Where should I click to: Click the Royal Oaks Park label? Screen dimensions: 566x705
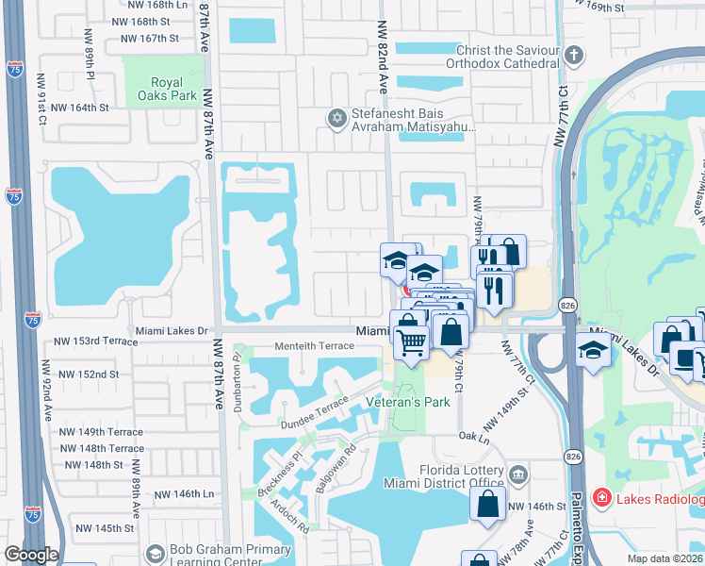(x=163, y=86)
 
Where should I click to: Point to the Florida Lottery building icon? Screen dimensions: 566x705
(x=516, y=473)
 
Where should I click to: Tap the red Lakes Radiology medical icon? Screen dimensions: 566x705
(x=600, y=496)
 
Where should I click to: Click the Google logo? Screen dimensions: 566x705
(x=31, y=555)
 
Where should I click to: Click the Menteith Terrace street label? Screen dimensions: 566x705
(x=314, y=346)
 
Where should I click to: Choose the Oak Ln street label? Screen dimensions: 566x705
(x=474, y=437)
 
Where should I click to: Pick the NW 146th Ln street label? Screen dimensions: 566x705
(x=186, y=494)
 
